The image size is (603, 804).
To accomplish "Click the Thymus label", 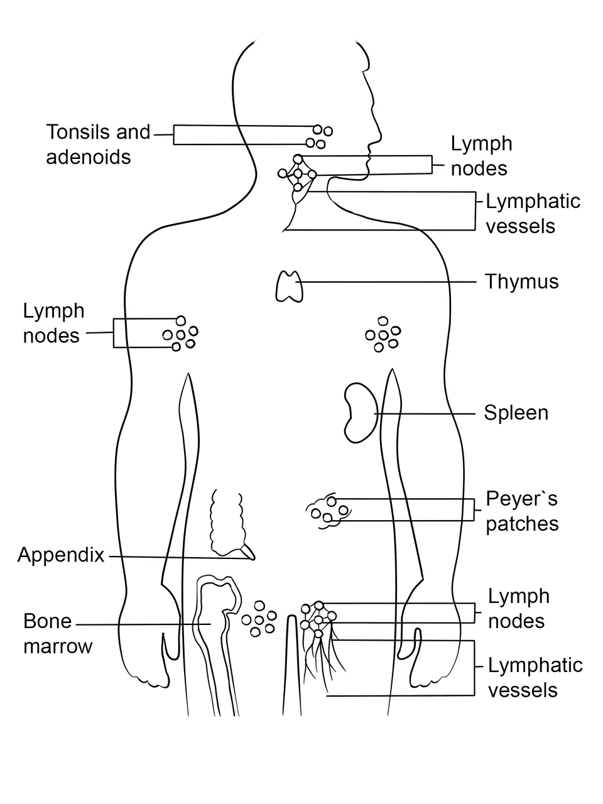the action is (x=522, y=282).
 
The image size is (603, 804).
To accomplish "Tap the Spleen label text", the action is (x=516, y=413).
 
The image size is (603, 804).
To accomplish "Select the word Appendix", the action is (x=61, y=555).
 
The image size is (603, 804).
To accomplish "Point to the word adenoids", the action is (x=88, y=157).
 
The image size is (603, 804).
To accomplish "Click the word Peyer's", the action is (x=521, y=499).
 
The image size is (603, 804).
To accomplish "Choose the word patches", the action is (x=522, y=524).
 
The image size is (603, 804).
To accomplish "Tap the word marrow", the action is (x=58, y=646).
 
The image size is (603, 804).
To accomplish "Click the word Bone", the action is (x=47, y=622).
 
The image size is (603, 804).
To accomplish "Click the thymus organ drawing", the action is (x=289, y=286).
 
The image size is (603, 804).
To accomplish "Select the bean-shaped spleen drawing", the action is (x=361, y=413).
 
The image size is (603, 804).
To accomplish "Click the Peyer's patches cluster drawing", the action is (x=329, y=511).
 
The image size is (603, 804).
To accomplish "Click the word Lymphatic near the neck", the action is (x=533, y=202).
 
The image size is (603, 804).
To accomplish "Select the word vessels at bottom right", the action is (x=523, y=690).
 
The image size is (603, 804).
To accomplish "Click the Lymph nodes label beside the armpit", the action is (x=53, y=323).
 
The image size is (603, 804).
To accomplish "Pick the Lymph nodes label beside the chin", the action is (x=481, y=156).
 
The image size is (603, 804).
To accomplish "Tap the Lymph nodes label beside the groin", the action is (x=519, y=609).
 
